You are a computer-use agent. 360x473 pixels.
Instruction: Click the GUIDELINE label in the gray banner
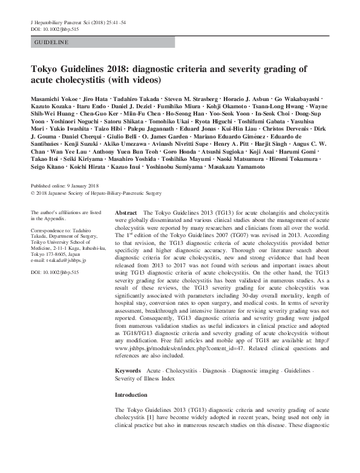click(x=52, y=42)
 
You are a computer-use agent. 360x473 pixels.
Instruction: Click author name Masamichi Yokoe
click(x=54, y=99)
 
